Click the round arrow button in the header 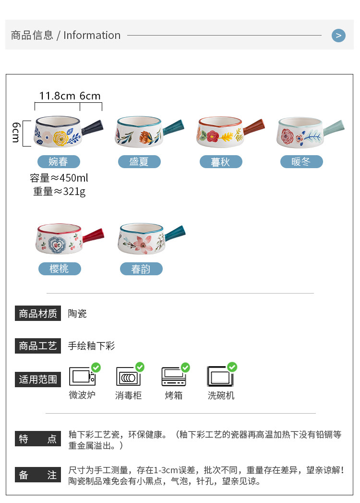click(x=338, y=35)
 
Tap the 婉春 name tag click(x=59, y=161)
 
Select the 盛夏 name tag click(x=139, y=161)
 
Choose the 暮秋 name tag click(x=221, y=162)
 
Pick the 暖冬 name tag click(x=301, y=161)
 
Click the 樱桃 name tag click(x=60, y=269)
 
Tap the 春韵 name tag click(x=141, y=269)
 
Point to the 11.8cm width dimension click(x=57, y=96)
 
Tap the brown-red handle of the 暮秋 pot click(x=253, y=126)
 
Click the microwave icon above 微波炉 click(x=82, y=377)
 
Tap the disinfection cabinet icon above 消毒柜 click(x=128, y=377)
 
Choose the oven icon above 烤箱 click(x=173, y=377)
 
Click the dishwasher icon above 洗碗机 click(x=220, y=377)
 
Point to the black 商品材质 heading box click(x=38, y=314)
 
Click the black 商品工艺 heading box click(x=38, y=346)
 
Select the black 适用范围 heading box click(x=38, y=379)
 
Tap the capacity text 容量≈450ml click(x=59, y=178)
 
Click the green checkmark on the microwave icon click(x=96, y=368)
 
